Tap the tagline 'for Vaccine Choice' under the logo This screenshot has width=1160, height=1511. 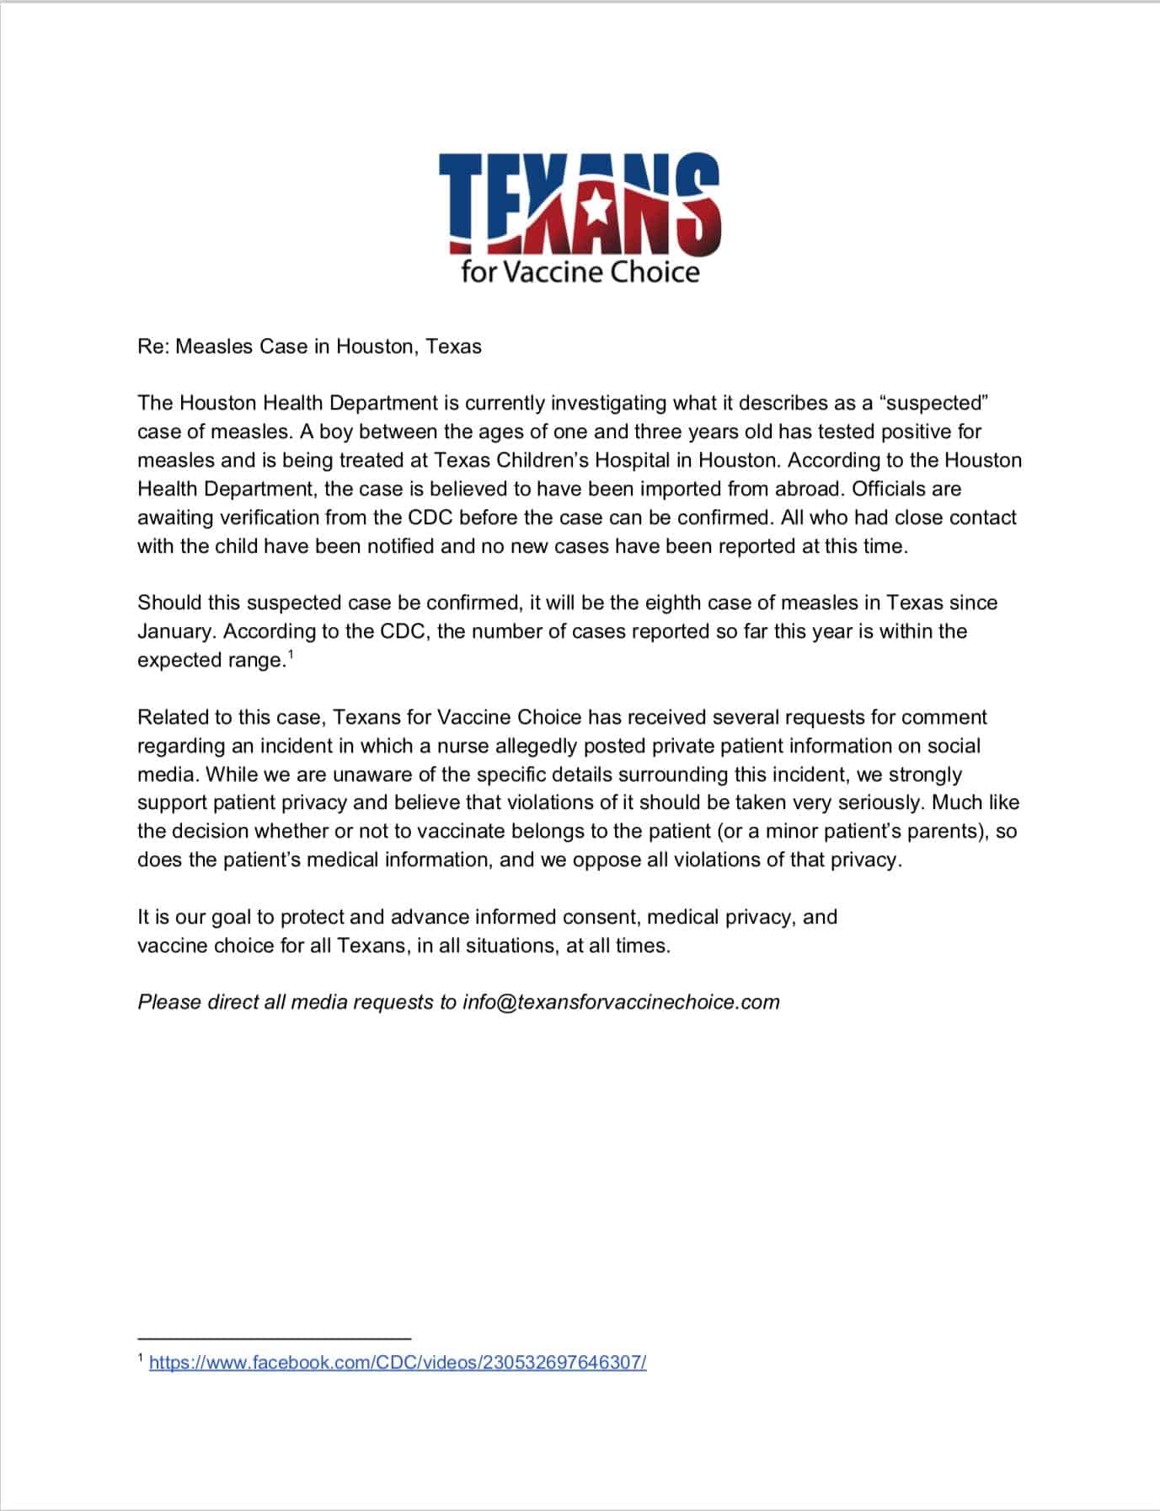580,271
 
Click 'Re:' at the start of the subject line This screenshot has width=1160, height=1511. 152,346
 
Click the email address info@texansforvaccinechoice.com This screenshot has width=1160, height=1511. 621,1002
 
